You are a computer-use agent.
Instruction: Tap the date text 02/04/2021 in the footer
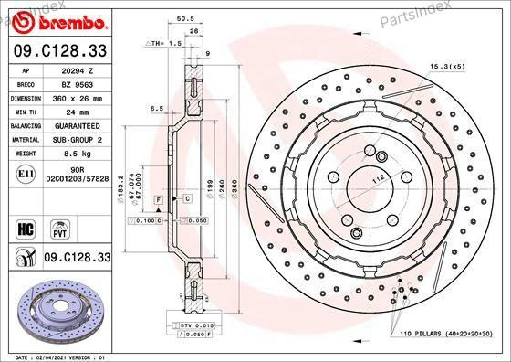(x=57, y=357)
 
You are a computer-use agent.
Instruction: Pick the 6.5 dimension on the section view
(x=156, y=108)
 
